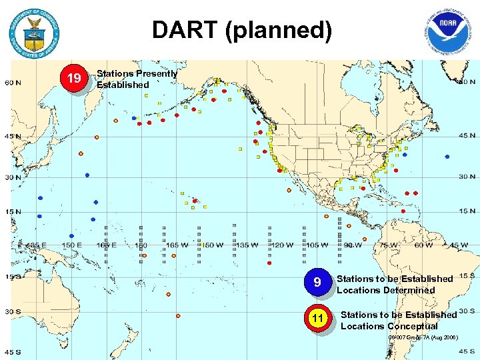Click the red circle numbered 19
pos(75,79)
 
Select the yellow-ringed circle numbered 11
pos(318,319)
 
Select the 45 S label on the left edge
pos(13,351)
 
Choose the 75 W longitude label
pos(387,245)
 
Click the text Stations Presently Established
pos(137,79)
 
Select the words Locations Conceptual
pos(389,326)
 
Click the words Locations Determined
pos(386,290)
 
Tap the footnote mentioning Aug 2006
pos(423,337)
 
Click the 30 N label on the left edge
pos(13,177)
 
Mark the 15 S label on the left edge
pos(13,277)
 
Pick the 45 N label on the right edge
pos(466,135)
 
